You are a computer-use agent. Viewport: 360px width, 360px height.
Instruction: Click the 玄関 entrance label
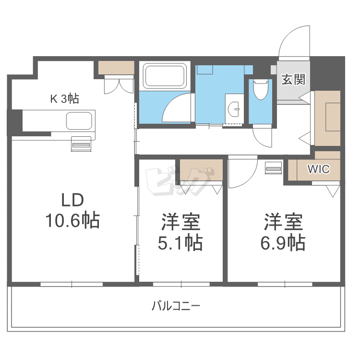point(293,80)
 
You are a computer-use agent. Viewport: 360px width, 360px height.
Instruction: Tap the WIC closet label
point(318,169)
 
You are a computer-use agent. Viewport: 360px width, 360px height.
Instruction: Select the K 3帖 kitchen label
point(64,99)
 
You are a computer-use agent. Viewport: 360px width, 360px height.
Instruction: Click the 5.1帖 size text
point(180,242)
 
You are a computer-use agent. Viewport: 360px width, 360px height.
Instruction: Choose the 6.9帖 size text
point(283,242)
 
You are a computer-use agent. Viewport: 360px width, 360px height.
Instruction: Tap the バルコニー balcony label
point(176,306)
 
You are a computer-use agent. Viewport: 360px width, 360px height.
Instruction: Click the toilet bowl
point(261,90)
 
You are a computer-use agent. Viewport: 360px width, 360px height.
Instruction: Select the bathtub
point(164,76)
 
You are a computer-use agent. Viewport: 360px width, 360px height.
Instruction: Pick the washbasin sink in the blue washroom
point(234,109)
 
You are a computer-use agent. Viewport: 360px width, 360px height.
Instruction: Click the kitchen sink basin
point(79,121)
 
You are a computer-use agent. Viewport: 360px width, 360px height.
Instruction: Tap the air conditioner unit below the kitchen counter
point(81,144)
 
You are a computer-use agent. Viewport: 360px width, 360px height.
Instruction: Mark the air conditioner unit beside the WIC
point(274,168)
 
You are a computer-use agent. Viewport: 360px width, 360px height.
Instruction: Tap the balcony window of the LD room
point(72,284)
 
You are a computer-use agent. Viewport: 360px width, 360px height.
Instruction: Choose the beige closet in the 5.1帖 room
point(201,170)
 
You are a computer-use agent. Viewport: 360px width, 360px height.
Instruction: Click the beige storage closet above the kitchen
point(116,68)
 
